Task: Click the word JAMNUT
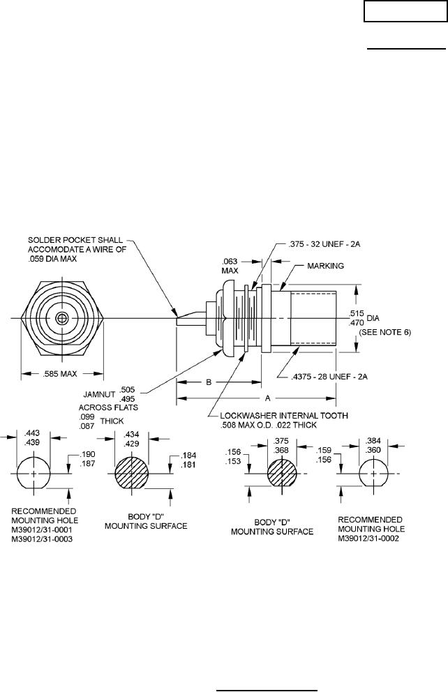tap(100, 391)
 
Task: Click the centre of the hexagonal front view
tap(61, 318)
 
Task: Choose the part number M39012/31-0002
tap(371, 539)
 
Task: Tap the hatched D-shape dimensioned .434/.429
tap(131, 474)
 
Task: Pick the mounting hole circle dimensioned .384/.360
tap(374, 474)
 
